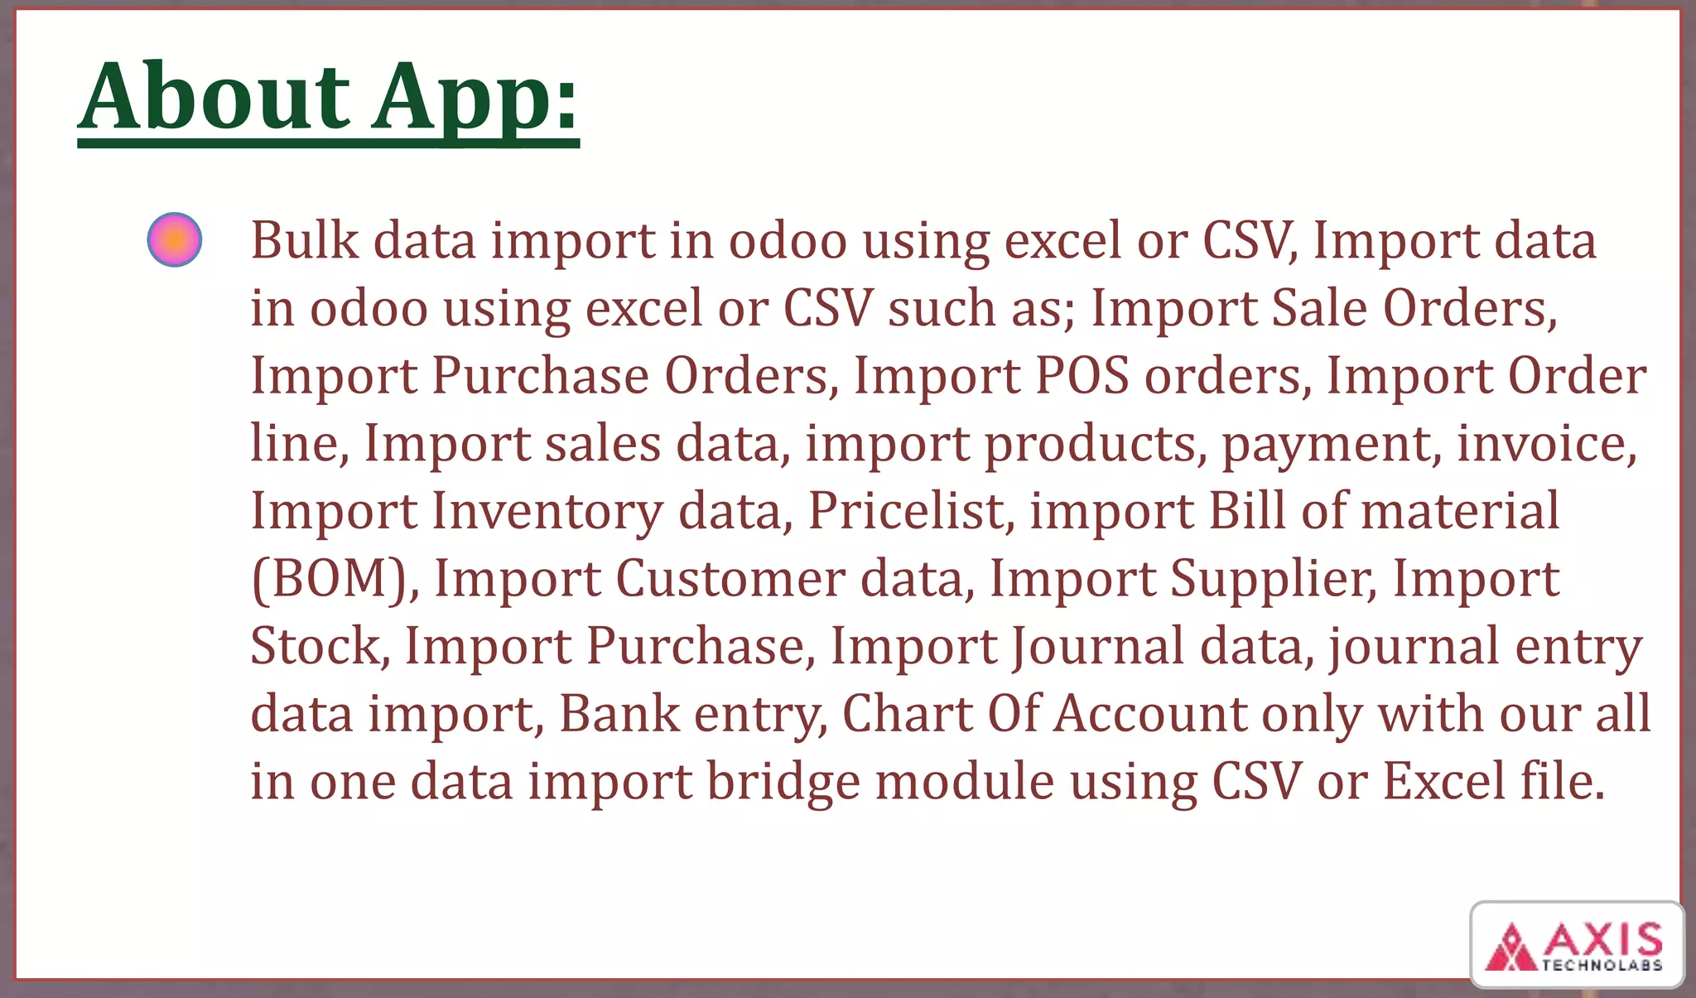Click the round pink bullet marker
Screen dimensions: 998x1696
(175, 240)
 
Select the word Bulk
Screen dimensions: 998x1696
(305, 240)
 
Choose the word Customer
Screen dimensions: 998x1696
(730, 578)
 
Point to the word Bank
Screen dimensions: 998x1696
(619, 713)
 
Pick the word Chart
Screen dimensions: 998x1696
(907, 713)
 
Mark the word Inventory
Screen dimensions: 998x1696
(547, 511)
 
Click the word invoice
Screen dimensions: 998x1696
(1546, 443)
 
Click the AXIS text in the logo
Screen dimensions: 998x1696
(1602, 940)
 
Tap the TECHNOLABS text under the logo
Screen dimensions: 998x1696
(1602, 965)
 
